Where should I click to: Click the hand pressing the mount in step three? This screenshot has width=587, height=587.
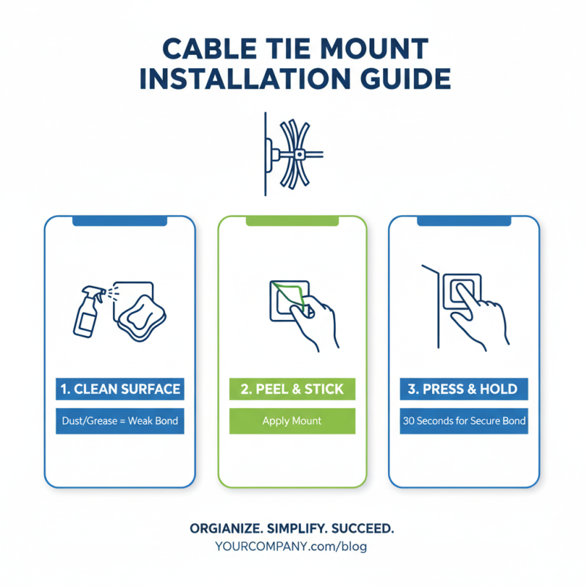(x=481, y=316)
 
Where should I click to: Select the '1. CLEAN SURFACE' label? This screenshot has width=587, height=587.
(x=120, y=389)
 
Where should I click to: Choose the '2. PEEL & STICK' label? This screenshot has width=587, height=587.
(x=292, y=389)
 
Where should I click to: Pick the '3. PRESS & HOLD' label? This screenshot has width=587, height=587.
(x=464, y=389)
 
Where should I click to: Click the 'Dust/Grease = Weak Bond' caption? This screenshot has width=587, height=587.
(x=120, y=421)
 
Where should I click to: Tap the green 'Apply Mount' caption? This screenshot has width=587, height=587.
(x=292, y=421)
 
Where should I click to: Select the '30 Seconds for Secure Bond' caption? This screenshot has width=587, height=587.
(x=464, y=421)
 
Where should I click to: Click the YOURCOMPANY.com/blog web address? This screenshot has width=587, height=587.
(x=292, y=547)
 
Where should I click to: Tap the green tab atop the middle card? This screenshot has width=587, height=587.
(x=292, y=220)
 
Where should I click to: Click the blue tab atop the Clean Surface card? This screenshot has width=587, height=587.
(x=120, y=220)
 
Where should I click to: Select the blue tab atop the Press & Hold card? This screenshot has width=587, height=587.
(x=464, y=220)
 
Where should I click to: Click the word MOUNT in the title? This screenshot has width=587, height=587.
(x=373, y=48)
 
